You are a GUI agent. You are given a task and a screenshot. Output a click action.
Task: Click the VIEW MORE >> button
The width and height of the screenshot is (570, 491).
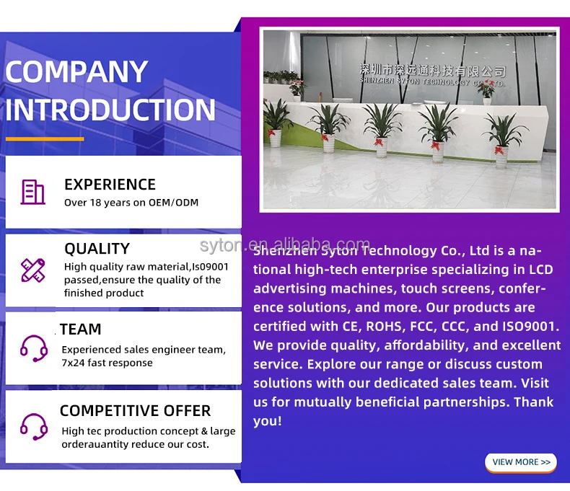coord(520,462)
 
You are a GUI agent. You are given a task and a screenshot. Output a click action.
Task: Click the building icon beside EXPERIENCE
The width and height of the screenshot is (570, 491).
coord(32,192)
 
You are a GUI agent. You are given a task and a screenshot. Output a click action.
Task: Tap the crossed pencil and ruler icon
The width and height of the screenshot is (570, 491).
coord(32,270)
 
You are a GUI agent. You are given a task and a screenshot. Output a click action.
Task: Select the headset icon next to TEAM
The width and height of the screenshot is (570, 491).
coord(34,348)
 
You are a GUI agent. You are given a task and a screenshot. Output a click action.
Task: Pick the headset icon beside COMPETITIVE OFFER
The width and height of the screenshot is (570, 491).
coord(34,427)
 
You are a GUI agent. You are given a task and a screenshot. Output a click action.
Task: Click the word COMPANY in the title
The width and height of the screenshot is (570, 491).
coord(76,71)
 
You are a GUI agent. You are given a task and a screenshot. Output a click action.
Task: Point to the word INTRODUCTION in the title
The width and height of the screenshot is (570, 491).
coord(110,110)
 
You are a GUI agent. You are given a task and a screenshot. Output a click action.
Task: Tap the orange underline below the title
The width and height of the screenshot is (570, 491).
coord(45,138)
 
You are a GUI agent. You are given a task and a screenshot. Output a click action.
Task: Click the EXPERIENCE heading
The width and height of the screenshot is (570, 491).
coord(110,185)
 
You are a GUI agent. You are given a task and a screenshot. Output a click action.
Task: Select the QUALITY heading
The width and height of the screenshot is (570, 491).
coord(97,249)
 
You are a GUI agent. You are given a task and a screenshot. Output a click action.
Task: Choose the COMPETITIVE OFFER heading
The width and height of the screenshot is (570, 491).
coord(135,411)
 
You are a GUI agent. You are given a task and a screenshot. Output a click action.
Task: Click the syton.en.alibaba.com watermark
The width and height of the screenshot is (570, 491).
coord(284,244)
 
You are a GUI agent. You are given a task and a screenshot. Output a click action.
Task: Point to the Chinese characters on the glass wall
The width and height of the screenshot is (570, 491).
coord(432,70)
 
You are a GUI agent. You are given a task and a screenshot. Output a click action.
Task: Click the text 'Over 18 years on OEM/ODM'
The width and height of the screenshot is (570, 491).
coord(131,203)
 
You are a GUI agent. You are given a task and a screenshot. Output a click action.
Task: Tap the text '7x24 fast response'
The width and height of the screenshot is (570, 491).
coord(108,363)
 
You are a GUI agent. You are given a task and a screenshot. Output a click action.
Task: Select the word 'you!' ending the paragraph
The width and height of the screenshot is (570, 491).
coord(268,421)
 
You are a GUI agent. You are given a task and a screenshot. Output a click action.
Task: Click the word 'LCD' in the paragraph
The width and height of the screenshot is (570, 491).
coord(540,270)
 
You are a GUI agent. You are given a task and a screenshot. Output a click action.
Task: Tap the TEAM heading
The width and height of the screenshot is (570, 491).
coord(81,329)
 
